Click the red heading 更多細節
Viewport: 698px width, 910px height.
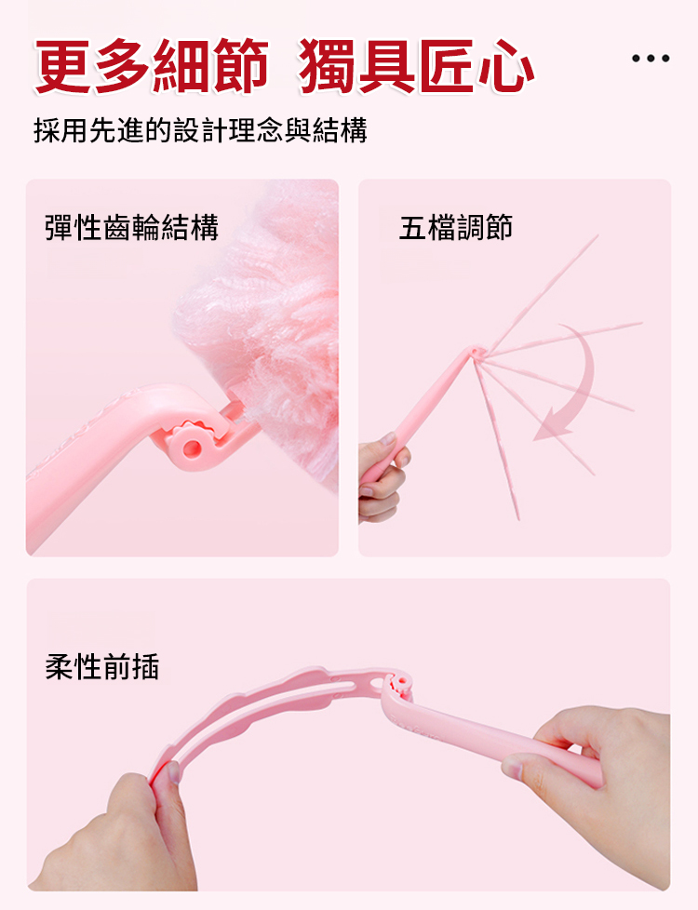[x=152, y=65]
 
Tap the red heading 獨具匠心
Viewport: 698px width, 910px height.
[x=416, y=65]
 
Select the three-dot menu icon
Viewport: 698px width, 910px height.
[x=651, y=58]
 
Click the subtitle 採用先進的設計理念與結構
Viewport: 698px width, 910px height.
[x=200, y=130]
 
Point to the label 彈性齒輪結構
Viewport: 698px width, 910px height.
[x=132, y=227]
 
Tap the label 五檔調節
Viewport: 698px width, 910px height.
[x=456, y=227]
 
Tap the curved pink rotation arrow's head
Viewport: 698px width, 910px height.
[x=552, y=427]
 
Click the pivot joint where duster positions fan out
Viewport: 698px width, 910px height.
[x=477, y=353]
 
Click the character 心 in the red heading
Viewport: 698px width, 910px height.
[x=505, y=65]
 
